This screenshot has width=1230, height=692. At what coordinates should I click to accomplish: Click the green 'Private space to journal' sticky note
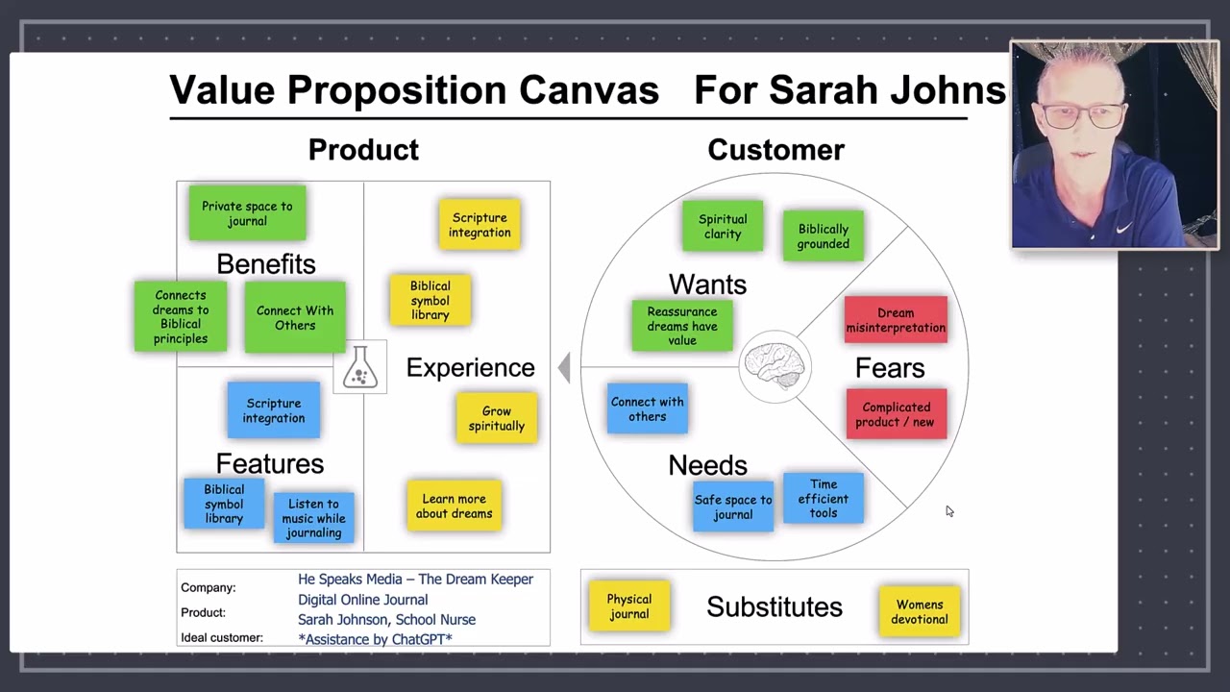[x=247, y=213]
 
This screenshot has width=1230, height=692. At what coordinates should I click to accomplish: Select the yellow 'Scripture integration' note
[x=480, y=225]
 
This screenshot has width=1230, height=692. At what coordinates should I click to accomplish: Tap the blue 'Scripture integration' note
[x=274, y=410]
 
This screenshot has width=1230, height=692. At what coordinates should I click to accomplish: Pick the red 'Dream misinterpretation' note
[x=896, y=320]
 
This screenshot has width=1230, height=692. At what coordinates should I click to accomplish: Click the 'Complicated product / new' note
[x=896, y=414]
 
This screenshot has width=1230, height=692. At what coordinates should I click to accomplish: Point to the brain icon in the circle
[x=775, y=366]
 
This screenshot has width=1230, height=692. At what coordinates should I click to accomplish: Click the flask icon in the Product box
[x=359, y=367]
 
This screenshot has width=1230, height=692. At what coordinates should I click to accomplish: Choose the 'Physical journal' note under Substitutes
[x=629, y=606]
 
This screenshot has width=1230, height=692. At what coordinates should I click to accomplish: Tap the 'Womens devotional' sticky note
[x=920, y=611]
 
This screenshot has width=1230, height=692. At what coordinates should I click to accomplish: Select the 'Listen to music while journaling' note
[x=313, y=518]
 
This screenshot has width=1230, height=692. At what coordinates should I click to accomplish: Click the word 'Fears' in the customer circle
[x=890, y=368]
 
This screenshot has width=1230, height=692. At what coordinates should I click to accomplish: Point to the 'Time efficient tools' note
[x=824, y=499]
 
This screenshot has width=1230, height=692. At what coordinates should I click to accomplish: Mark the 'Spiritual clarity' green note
[x=723, y=227]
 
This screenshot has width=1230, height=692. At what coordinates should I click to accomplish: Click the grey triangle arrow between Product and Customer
[x=565, y=368]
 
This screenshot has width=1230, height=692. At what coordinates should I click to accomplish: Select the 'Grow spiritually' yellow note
[x=497, y=418]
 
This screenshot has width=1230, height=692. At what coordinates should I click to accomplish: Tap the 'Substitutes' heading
[x=775, y=606]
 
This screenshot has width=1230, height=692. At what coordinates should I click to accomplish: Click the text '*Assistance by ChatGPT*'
[x=375, y=639]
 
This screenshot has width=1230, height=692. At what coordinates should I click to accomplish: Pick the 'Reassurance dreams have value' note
[x=682, y=326]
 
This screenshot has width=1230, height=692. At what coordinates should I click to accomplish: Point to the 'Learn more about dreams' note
[x=454, y=506]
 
